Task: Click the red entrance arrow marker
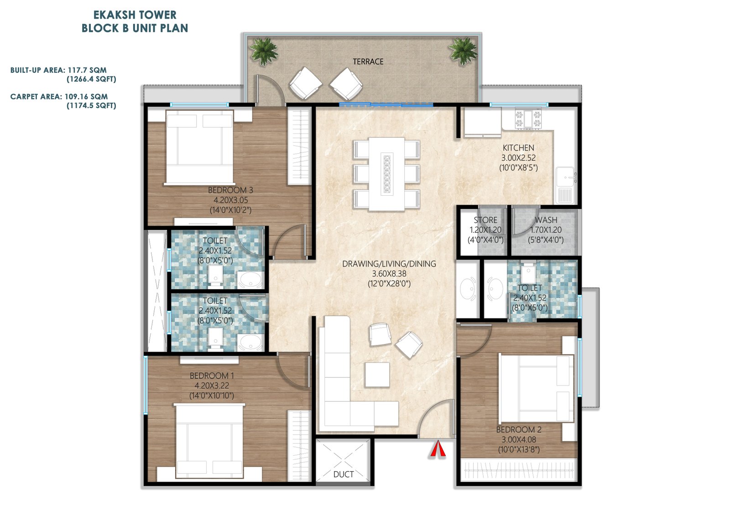click(x=438, y=449)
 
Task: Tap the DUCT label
click(x=343, y=474)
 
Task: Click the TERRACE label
click(x=368, y=62)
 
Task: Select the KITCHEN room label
click(x=518, y=148)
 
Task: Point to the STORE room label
click(x=485, y=220)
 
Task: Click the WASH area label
click(x=546, y=220)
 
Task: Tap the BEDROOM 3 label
click(x=230, y=190)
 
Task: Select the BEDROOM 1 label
click(x=212, y=376)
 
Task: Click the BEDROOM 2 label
click(x=519, y=430)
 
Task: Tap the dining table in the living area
click(x=386, y=174)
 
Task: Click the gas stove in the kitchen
click(x=528, y=118)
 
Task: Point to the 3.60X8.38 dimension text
click(x=389, y=274)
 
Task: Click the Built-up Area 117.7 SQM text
click(x=58, y=70)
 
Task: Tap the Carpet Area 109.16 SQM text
click(x=59, y=97)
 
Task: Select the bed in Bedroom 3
click(x=199, y=147)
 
